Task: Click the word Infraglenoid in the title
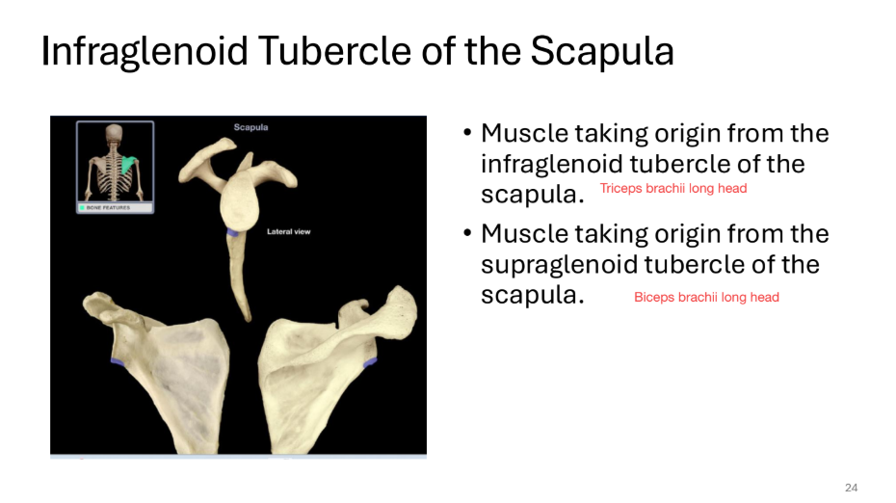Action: pyautogui.click(x=145, y=52)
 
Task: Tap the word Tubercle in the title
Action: pyautogui.click(x=335, y=51)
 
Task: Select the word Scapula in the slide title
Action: pyautogui.click(x=602, y=52)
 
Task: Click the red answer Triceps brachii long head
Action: pyautogui.click(x=673, y=189)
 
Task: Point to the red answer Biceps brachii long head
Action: pyautogui.click(x=706, y=297)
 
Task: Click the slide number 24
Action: pyautogui.click(x=851, y=488)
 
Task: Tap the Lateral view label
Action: pyautogui.click(x=289, y=231)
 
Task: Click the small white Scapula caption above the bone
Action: pyautogui.click(x=250, y=127)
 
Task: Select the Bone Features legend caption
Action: pyautogui.click(x=108, y=207)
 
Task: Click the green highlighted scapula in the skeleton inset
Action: pyautogui.click(x=128, y=165)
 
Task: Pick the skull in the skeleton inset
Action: pyautogui.click(x=115, y=132)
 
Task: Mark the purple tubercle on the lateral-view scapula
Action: pyautogui.click(x=232, y=232)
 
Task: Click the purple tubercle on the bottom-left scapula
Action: pyautogui.click(x=118, y=361)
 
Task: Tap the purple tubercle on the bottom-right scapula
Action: pyautogui.click(x=370, y=361)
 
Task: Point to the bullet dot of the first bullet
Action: pyautogui.click(x=467, y=133)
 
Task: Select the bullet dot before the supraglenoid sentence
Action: pyautogui.click(x=467, y=233)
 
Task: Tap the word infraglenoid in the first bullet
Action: pyautogui.click(x=551, y=165)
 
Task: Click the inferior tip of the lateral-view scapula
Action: pyautogui.click(x=249, y=319)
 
